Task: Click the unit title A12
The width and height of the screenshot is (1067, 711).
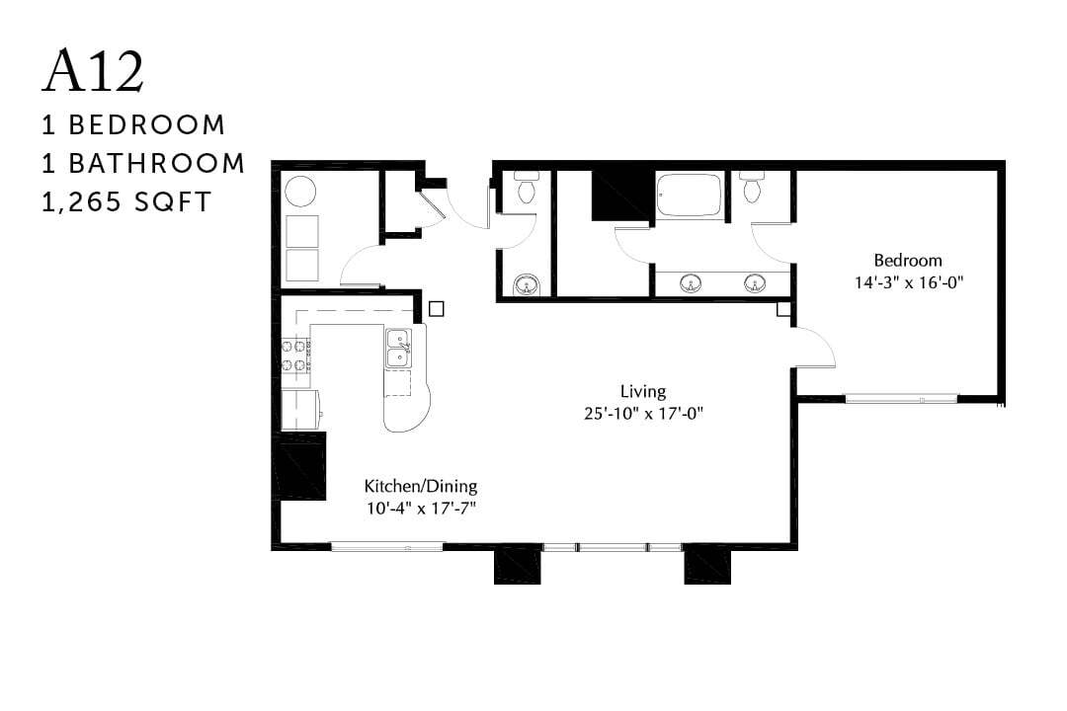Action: point(94,70)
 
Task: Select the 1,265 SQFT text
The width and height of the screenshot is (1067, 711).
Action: point(126,201)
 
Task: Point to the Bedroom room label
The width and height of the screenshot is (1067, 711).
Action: point(908,261)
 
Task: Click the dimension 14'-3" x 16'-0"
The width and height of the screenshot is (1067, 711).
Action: point(908,281)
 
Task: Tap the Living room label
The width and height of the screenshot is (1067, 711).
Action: point(642,391)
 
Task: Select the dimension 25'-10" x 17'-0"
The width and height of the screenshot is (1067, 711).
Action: point(642,413)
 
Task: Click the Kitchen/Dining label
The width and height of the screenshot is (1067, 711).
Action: point(421,486)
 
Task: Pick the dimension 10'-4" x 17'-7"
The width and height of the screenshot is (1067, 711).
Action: point(421,508)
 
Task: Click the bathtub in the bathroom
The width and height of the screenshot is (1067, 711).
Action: point(690,197)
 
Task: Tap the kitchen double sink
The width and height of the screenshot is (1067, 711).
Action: point(399,349)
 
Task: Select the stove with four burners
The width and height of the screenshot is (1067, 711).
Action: point(296,356)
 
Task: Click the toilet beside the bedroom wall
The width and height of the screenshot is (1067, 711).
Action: point(753,187)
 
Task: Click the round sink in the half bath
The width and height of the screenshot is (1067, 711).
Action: point(527,285)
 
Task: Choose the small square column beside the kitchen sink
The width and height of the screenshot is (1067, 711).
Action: point(437,308)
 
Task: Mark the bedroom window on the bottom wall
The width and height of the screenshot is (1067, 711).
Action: point(901,399)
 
